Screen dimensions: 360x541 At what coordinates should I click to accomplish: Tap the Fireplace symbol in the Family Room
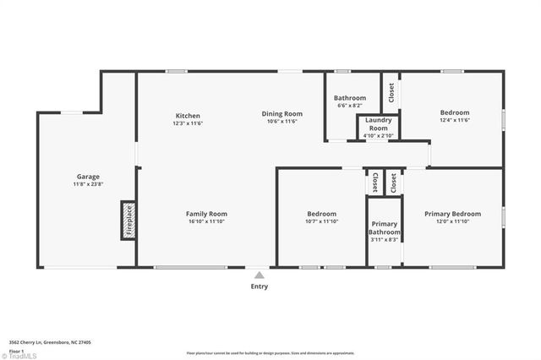pyautogui.click(x=128, y=220)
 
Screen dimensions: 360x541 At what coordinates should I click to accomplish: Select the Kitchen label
pyautogui.click(x=188, y=115)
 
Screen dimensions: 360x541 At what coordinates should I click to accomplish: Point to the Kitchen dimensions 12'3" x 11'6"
pyautogui.click(x=188, y=123)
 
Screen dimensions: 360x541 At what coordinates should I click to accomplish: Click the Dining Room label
pyautogui.click(x=282, y=113)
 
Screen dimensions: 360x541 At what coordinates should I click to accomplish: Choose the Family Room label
pyautogui.click(x=206, y=214)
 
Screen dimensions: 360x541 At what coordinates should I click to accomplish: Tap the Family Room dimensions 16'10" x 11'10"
pyautogui.click(x=206, y=222)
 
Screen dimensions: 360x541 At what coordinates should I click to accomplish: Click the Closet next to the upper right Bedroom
pyautogui.click(x=391, y=93)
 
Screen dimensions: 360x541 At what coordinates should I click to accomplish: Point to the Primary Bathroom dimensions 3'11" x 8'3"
pyautogui.click(x=385, y=240)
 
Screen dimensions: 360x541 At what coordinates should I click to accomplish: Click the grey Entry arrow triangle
pyautogui.click(x=260, y=274)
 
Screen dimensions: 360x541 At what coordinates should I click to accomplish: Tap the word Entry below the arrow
pyautogui.click(x=260, y=286)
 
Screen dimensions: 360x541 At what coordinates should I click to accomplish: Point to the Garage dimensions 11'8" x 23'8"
pyautogui.click(x=87, y=184)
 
